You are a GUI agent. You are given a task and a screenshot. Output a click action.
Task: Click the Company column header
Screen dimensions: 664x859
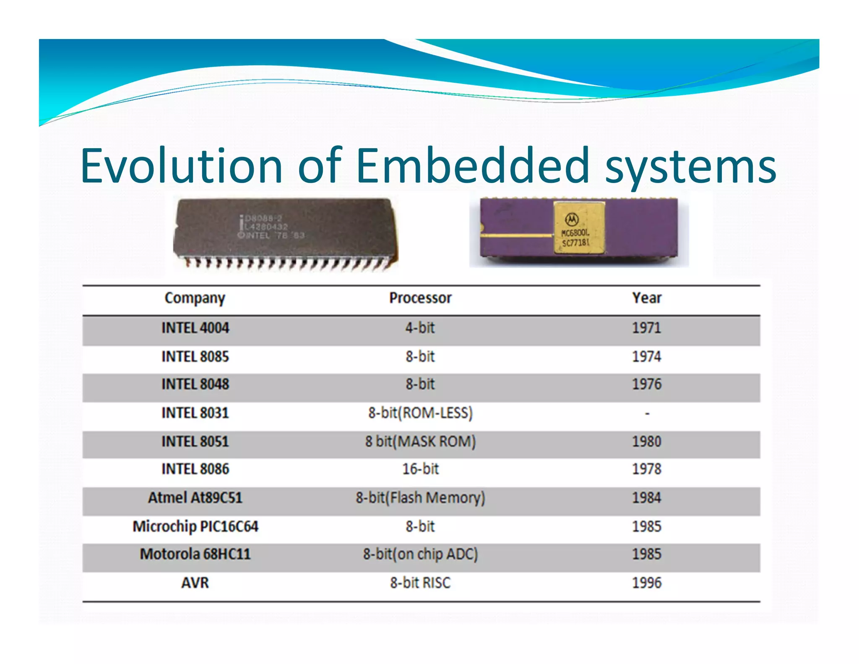coord(195,298)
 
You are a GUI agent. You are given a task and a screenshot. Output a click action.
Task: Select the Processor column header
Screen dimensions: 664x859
coord(420,298)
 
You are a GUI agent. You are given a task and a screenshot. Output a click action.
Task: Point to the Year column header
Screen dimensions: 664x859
coord(646,298)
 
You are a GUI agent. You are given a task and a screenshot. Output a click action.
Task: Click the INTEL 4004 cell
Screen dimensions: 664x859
coord(195,328)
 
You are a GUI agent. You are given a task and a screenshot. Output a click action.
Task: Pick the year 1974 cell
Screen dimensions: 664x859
coord(646,357)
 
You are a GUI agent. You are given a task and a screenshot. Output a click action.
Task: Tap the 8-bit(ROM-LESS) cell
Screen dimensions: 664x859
coord(420,413)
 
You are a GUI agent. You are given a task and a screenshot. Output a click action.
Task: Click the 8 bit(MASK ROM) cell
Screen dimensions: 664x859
coord(420,442)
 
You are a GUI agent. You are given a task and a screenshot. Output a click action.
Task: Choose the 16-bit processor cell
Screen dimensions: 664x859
coord(420,469)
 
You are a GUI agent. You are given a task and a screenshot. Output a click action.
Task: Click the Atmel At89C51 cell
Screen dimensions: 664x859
coord(195,498)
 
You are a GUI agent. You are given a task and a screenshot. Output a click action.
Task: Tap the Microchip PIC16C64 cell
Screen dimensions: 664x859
coord(195,526)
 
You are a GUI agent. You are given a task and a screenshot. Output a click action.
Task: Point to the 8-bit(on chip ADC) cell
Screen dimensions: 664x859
coord(420,554)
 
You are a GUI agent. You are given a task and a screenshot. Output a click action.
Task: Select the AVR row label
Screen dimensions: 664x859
coord(195,583)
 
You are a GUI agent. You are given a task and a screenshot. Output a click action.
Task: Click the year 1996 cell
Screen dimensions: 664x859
coord(646,583)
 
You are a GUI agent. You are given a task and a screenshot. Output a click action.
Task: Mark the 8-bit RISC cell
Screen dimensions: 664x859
coord(420,583)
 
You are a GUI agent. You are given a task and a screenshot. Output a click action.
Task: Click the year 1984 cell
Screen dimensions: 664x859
coord(646,498)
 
